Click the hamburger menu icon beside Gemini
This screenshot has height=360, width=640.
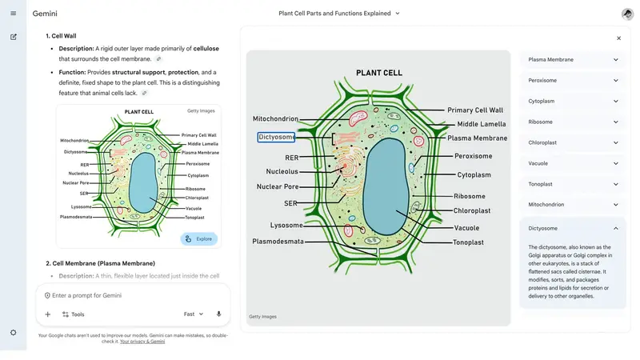click(13, 13)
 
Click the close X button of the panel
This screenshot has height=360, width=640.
click(618, 38)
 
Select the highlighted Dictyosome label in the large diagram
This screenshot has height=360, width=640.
click(276, 137)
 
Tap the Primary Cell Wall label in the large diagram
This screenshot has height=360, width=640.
click(475, 110)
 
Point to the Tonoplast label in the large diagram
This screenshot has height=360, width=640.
click(468, 242)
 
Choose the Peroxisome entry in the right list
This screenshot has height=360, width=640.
click(573, 80)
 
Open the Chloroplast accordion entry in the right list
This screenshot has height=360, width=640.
click(573, 142)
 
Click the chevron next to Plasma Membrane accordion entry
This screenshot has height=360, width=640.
click(615, 60)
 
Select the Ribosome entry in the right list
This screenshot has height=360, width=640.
click(573, 122)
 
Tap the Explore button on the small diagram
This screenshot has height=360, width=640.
click(199, 238)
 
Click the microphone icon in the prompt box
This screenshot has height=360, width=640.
click(218, 314)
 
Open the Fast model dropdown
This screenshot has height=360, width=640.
click(194, 314)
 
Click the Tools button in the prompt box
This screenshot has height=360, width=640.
click(73, 314)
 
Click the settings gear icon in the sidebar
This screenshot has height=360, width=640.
click(13, 332)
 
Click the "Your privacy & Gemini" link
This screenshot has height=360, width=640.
click(142, 342)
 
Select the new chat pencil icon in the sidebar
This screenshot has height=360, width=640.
click(13, 37)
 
